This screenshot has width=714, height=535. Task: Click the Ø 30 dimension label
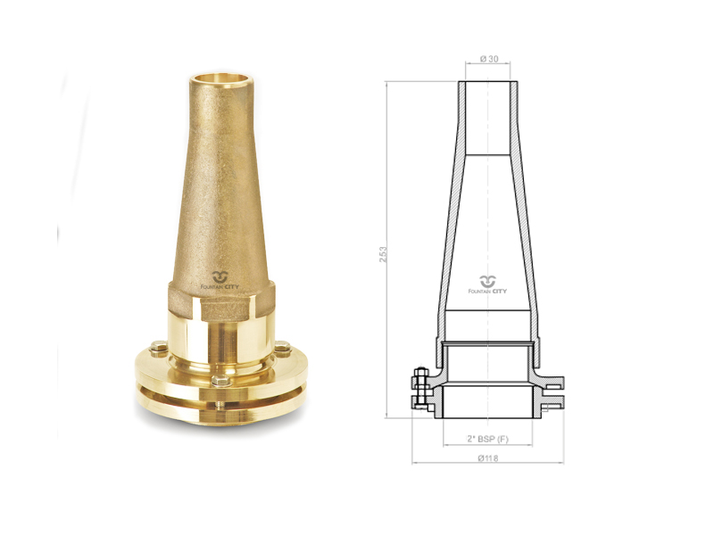coord(489,59)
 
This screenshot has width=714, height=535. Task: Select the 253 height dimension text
coord(383,254)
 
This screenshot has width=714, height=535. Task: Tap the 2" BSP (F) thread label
coord(487,439)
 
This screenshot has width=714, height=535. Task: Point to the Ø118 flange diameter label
coord(488,458)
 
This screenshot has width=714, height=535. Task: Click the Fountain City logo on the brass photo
coord(220,281)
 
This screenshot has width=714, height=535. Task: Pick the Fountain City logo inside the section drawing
coord(487,284)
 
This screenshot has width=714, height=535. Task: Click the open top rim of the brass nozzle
coord(220,78)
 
